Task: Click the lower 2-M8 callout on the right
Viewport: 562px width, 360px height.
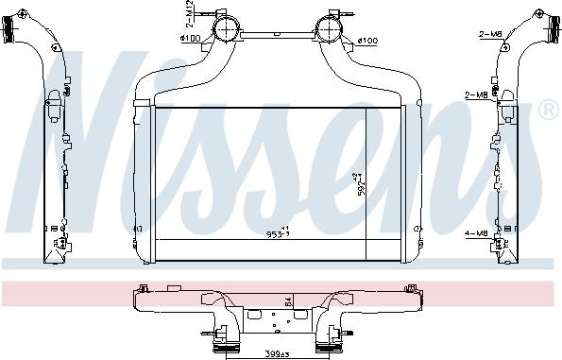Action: tap(477, 94)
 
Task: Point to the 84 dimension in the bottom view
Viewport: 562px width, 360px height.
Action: tap(287, 303)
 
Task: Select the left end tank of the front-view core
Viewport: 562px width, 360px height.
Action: tap(145, 180)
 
